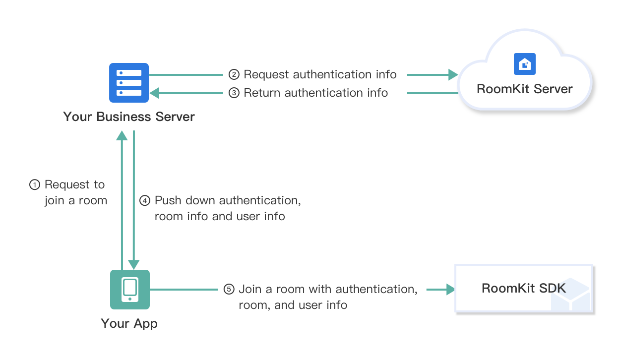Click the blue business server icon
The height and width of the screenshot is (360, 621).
(x=129, y=83)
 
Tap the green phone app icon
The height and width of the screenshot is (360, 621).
(x=129, y=289)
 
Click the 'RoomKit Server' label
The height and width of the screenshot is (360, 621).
(x=524, y=89)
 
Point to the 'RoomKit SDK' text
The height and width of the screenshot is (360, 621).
(x=523, y=289)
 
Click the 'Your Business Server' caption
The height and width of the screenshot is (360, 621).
(x=129, y=117)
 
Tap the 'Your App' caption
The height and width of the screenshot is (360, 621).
(x=129, y=324)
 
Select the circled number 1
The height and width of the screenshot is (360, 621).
(x=34, y=185)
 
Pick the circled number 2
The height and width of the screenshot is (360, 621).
(x=234, y=75)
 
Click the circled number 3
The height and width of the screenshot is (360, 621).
(x=234, y=93)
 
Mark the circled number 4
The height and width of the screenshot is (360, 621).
(x=144, y=201)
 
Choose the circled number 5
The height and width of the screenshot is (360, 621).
(x=228, y=289)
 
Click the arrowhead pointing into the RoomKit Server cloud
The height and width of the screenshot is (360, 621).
(x=453, y=75)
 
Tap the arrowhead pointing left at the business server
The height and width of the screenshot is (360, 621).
(x=155, y=93)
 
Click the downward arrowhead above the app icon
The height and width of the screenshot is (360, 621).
(x=134, y=264)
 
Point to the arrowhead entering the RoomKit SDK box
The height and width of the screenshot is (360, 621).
(x=450, y=289)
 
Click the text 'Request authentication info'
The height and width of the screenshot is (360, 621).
(x=320, y=75)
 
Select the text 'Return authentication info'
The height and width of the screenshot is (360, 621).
(x=315, y=93)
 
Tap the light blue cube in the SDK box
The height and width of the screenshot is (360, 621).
(x=572, y=296)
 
